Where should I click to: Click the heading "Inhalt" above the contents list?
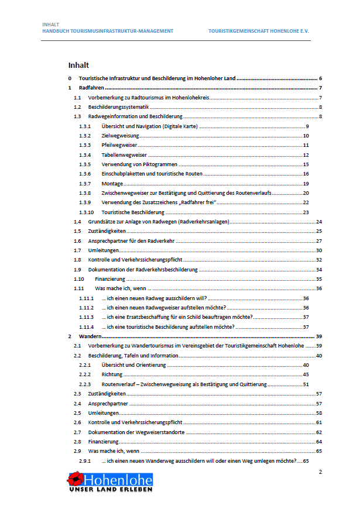[x=78, y=65]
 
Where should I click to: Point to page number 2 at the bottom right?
[x=320, y=471]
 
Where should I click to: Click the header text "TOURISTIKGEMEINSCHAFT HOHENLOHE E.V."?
[x=259, y=30]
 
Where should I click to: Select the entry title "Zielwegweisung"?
[x=120, y=136]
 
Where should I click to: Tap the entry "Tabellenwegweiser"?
[x=124, y=155]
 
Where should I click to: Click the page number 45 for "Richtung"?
[x=306, y=374]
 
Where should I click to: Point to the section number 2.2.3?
[x=85, y=384]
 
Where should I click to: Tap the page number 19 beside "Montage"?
[x=306, y=184]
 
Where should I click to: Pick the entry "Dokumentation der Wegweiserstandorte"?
[x=136, y=432]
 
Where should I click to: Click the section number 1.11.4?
[x=86, y=326]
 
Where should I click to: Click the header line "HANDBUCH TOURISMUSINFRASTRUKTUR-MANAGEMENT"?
[x=108, y=30]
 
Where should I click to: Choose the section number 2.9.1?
[x=85, y=461]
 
